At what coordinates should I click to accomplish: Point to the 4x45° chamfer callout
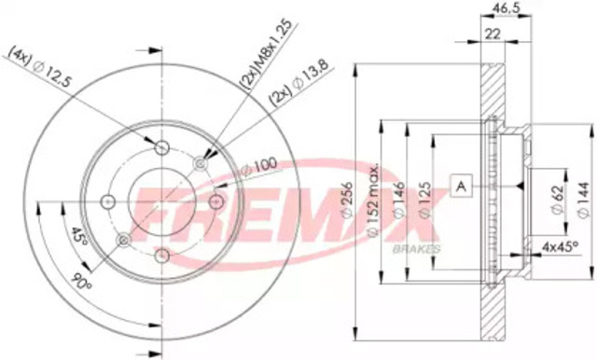pos(562,246)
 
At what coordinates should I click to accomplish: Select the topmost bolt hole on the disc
pos(162,146)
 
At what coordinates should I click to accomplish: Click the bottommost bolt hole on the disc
pos(162,254)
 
